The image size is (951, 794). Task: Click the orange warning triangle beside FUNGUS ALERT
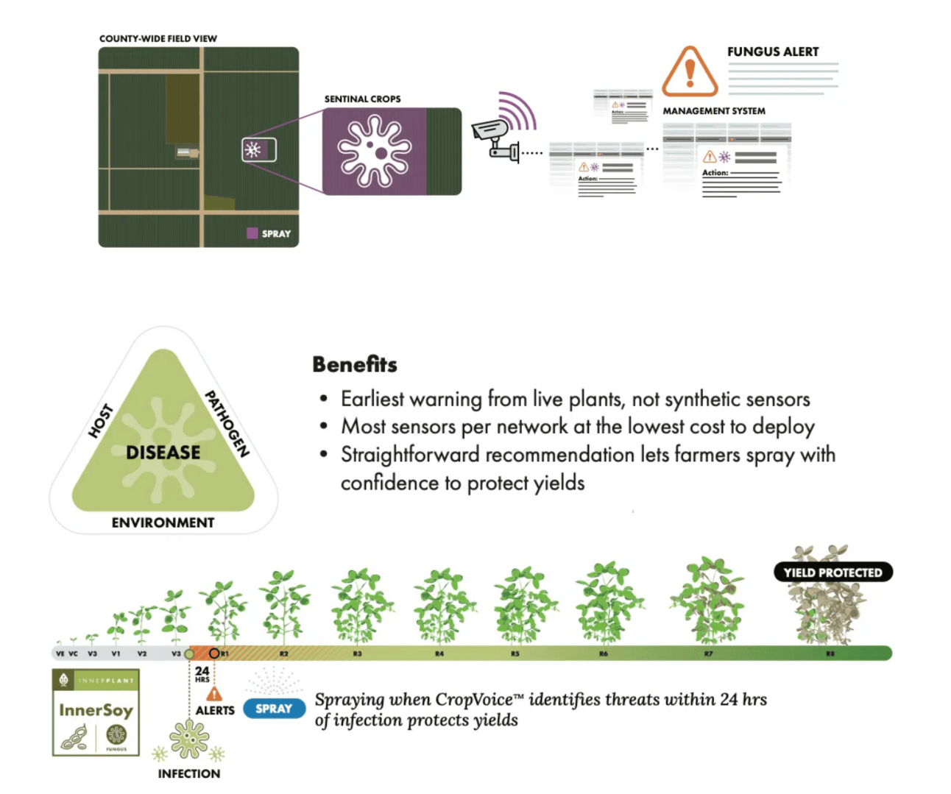[690, 72]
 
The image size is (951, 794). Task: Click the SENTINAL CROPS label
[362, 99]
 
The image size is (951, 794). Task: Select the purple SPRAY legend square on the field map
[252, 233]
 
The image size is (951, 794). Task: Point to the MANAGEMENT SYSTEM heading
[713, 111]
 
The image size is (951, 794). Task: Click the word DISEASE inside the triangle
[163, 452]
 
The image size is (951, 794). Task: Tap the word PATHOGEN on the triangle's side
[227, 424]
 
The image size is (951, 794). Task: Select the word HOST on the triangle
[101, 420]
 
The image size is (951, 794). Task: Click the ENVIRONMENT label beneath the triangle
[163, 522]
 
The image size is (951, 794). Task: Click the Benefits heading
[354, 364]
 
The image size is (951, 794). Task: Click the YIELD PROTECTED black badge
[832, 573]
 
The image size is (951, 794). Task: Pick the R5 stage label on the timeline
[515, 653]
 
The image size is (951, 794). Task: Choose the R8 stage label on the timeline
[830, 653]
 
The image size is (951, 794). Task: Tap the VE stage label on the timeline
[60, 653]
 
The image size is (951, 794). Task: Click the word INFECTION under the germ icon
[188, 773]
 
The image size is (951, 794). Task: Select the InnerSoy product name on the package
[96, 710]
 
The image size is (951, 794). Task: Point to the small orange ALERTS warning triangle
[214, 693]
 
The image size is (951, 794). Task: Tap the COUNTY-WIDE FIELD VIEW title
[158, 38]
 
